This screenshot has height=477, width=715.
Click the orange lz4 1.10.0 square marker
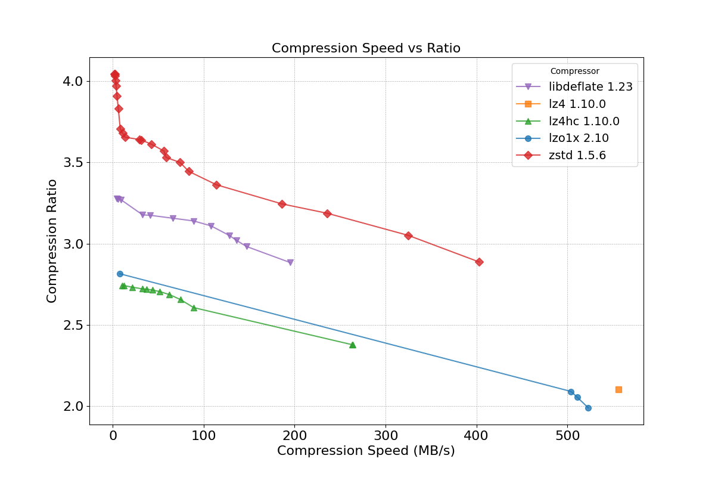[x=618, y=389]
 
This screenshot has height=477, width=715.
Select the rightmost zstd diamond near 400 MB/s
[x=479, y=262]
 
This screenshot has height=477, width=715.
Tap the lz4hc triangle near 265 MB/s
[x=353, y=345]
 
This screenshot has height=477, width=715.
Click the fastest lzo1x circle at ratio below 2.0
[x=588, y=408]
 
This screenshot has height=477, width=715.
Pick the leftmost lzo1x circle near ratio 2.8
[x=120, y=274]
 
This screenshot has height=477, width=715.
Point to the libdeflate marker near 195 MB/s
[x=290, y=262]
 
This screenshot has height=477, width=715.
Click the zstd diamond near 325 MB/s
[x=408, y=236]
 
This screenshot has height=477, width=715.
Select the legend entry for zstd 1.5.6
[x=577, y=156]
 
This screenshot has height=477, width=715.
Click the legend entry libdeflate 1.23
[x=590, y=87]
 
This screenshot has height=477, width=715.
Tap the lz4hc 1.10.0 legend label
[x=584, y=122]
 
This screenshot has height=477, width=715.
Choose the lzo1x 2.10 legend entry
[x=578, y=138]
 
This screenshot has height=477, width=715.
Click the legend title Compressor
[x=574, y=72]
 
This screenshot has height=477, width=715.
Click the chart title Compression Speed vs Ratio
[x=366, y=48]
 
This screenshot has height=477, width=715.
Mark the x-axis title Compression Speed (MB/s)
[x=366, y=451]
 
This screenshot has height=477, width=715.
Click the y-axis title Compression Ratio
[x=52, y=241]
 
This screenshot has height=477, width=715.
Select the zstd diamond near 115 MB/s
[x=216, y=185]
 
